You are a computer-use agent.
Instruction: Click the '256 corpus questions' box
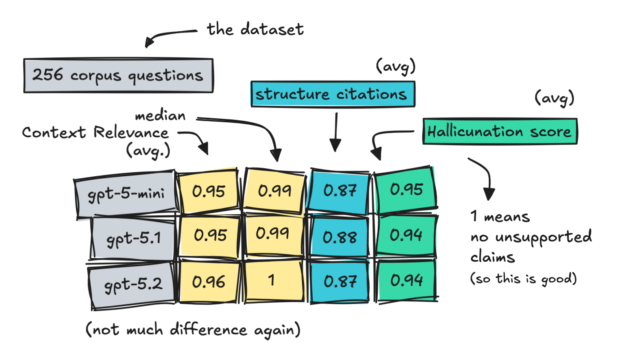click(119, 75)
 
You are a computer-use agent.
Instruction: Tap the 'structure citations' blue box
click(333, 94)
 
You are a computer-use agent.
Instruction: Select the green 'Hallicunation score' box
click(500, 131)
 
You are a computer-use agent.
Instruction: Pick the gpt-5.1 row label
click(133, 239)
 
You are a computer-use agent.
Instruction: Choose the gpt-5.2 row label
click(132, 285)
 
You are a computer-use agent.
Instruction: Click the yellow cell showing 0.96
click(209, 282)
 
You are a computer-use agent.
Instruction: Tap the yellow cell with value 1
click(274, 280)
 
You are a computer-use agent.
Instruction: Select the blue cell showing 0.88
click(339, 237)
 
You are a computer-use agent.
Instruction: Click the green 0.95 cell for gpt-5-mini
click(406, 190)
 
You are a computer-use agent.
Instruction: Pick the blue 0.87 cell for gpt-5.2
click(339, 281)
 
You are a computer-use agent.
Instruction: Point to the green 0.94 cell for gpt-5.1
click(406, 235)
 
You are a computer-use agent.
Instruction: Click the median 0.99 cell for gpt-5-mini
click(274, 191)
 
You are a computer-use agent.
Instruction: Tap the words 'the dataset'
click(255, 29)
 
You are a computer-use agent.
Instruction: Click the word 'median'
click(160, 115)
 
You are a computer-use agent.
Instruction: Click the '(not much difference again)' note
click(193, 330)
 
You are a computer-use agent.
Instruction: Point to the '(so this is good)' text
click(524, 279)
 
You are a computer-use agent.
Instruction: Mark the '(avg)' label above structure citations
click(396, 67)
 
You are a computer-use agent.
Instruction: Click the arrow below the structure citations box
click(336, 132)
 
